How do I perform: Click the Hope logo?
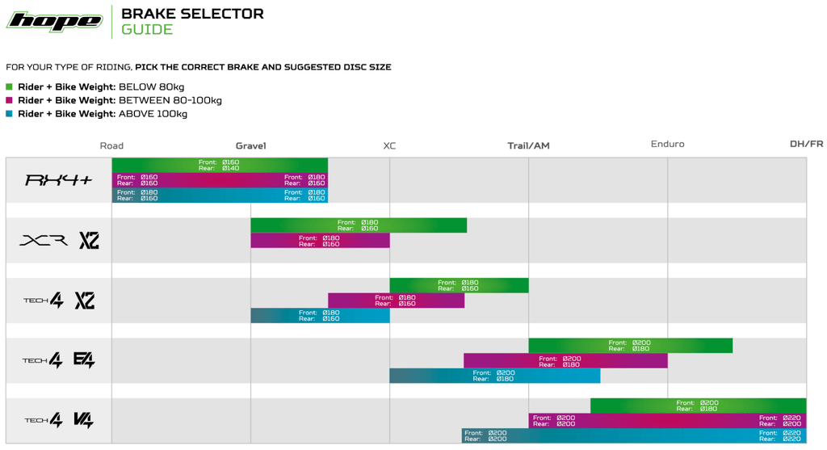(54, 21)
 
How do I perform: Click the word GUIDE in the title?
(147, 30)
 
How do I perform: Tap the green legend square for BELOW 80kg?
(10, 87)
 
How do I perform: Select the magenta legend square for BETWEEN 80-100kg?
(10, 101)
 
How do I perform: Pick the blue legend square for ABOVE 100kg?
(10, 114)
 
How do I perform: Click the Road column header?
(111, 145)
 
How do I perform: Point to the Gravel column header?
(250, 145)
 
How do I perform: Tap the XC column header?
(389, 145)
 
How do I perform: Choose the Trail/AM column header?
(528, 145)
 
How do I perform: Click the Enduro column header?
(667, 145)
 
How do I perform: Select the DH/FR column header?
(806, 145)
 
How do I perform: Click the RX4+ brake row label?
(58, 180)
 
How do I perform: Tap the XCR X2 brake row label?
(58, 240)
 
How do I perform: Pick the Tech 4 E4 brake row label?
(58, 360)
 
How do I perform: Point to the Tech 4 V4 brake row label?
(58, 420)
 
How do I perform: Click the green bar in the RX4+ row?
(220, 165)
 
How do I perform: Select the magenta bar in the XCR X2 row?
(320, 241)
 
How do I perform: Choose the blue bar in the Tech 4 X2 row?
(320, 315)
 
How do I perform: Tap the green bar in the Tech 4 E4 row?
(630, 346)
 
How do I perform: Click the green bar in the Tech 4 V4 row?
(698, 406)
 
